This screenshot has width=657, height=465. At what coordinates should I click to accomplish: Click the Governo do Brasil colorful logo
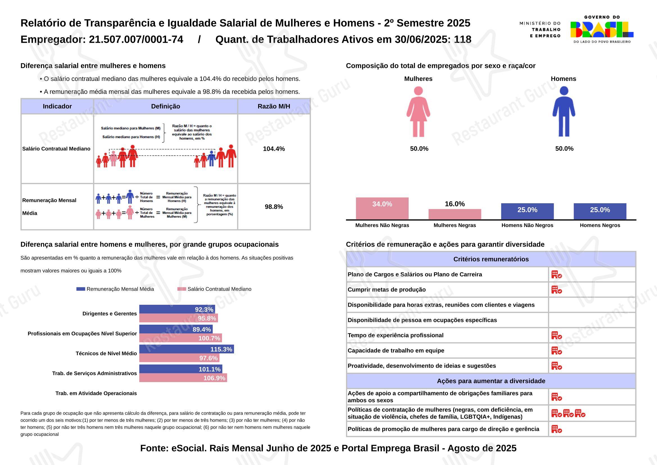coord(601,30)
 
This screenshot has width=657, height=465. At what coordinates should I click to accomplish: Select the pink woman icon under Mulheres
coord(418,112)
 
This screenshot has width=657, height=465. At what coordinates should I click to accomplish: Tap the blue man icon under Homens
coord(564,112)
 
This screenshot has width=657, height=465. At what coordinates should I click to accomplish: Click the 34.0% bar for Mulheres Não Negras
coord(382,208)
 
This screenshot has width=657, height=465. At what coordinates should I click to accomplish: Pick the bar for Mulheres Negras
coord(455,214)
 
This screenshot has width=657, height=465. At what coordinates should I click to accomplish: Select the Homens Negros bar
coord(600,211)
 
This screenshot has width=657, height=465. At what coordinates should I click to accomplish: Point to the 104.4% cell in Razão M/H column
coord(274,149)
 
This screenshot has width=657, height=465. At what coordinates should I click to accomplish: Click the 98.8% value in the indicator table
coord(274,207)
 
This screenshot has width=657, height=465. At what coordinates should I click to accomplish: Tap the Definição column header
coord(165,107)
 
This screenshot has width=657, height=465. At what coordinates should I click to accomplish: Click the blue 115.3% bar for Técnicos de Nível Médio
coord(186,349)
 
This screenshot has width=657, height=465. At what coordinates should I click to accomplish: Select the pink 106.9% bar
coord(183,378)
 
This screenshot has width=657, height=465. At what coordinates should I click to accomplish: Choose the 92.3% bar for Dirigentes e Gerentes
coord(177,309)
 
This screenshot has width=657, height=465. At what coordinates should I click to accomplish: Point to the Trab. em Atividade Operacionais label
coord(96,393)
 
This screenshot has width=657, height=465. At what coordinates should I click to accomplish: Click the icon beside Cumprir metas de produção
coord(556,290)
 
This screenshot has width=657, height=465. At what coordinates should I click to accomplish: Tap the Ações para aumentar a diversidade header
coord(491,381)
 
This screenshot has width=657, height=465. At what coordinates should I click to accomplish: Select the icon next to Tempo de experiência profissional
coord(556,335)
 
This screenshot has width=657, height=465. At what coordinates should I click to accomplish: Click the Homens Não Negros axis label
coord(527,225)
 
